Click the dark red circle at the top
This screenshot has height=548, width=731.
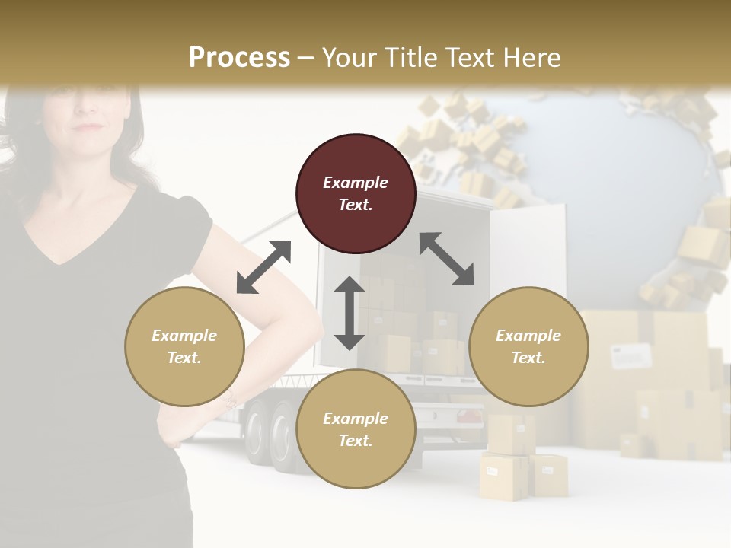(x=356, y=193)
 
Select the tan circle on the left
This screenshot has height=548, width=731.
(x=184, y=346)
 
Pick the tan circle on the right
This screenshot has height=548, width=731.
(x=528, y=346)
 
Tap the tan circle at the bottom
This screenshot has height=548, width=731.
(x=356, y=429)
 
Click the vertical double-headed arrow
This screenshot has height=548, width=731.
(x=350, y=313)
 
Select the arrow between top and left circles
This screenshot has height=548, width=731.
(x=263, y=267)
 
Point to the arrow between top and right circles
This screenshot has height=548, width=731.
(x=446, y=259)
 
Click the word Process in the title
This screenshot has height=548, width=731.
(x=239, y=57)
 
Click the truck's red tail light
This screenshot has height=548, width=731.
(x=470, y=416)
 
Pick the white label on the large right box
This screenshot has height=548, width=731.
(x=631, y=355)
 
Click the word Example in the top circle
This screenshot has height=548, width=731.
(x=356, y=183)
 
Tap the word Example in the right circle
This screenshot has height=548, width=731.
(x=528, y=336)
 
